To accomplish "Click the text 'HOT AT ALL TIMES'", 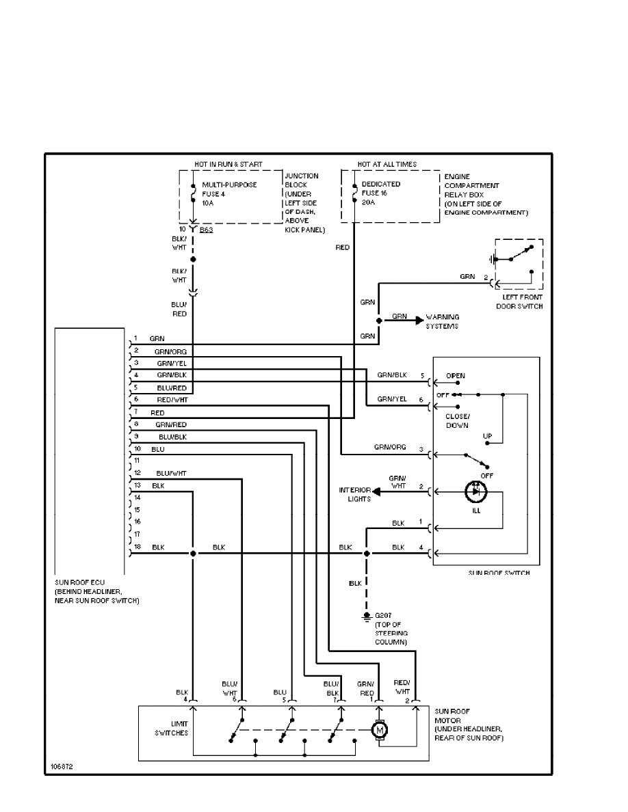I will pos(387,164).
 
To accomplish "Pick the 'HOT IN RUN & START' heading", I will pos(228,164).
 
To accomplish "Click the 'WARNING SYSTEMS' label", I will pos(443,321).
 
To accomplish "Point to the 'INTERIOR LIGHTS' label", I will pos(354,494).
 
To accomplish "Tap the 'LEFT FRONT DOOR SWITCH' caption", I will pos(519,301).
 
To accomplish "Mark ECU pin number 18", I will pos(136,547).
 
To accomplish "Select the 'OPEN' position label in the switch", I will pos(455,376).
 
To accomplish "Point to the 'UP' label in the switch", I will pos(487,435).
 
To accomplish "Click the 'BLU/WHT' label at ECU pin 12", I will pos(171,473).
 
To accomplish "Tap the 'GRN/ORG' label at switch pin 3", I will pos(390,447).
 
